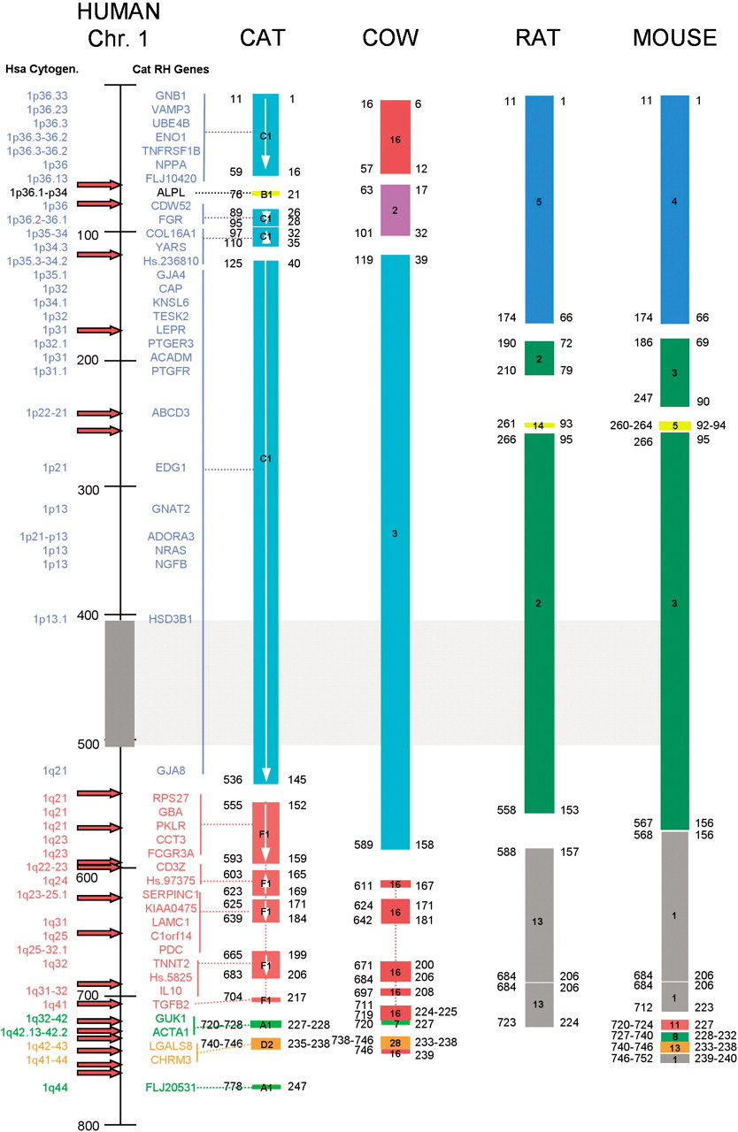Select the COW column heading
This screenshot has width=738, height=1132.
pyautogui.click(x=389, y=38)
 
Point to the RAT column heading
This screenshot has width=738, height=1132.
pyautogui.click(x=539, y=38)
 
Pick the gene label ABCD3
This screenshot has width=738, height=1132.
pyautogui.click(x=172, y=413)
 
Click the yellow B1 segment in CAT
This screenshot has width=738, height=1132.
pyautogui.click(x=265, y=194)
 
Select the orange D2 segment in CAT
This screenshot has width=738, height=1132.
pyautogui.click(x=265, y=1044)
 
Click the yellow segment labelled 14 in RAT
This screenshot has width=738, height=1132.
pyautogui.click(x=539, y=425)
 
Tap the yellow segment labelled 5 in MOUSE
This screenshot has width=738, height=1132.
pyautogui.click(x=674, y=425)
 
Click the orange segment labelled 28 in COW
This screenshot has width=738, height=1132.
pyautogui.click(x=396, y=1043)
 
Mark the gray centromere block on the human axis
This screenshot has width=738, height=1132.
pyautogui.click(x=119, y=682)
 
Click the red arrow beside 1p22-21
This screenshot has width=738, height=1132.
pyautogui.click(x=98, y=413)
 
